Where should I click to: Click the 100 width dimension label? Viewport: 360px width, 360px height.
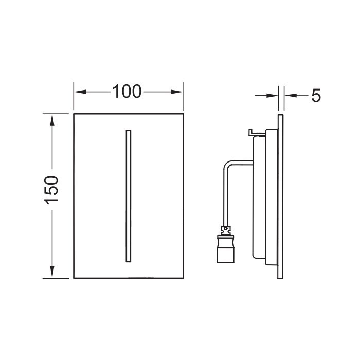(127, 92)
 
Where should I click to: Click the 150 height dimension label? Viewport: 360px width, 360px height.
(51, 190)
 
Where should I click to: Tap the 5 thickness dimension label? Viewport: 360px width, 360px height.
(316, 96)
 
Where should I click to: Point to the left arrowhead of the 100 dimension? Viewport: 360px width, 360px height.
(80, 92)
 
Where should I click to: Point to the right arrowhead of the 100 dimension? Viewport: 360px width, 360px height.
(177, 92)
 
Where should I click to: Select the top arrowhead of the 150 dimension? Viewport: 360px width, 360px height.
(52, 120)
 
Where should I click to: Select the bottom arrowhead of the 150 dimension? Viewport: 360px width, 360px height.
(52, 272)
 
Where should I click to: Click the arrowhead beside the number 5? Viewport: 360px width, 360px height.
(291, 95)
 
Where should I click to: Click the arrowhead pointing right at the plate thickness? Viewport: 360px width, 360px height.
(272, 95)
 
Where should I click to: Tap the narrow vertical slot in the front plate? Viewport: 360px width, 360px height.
(129, 196)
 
